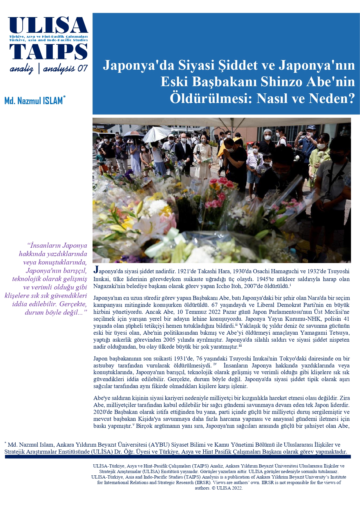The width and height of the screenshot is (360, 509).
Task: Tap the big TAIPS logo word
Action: coord(48,52)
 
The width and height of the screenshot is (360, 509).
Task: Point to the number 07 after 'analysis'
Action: coord(82,68)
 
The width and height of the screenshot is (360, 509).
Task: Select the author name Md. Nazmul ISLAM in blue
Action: coord(33,101)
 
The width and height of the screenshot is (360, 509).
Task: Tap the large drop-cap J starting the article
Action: coord(96,270)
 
